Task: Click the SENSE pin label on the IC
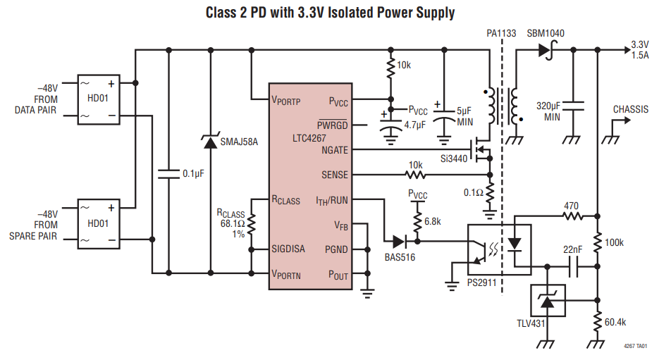click(x=335, y=175)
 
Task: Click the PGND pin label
click(x=336, y=249)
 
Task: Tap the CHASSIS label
click(x=631, y=109)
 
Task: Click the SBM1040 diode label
click(x=546, y=33)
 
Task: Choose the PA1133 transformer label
click(x=501, y=33)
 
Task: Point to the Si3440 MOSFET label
click(x=453, y=159)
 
